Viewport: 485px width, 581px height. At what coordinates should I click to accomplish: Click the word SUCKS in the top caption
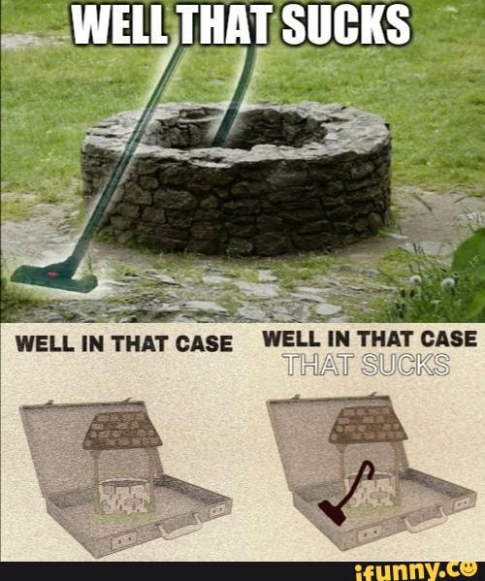tap(345, 25)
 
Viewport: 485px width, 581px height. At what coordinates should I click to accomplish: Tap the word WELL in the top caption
tap(119, 25)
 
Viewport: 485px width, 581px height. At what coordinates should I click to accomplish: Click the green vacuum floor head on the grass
tap(54, 278)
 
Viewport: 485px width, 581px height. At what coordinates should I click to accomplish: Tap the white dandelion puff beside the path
tap(448, 283)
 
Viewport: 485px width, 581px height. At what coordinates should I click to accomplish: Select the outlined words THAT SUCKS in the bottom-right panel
tap(368, 365)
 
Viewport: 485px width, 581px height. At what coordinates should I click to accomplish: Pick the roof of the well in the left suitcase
tap(122, 430)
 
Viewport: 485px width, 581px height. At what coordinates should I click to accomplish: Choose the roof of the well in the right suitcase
tap(368, 425)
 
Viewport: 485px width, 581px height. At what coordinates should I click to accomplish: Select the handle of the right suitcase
tap(424, 519)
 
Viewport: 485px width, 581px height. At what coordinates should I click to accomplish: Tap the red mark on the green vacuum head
tap(52, 274)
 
